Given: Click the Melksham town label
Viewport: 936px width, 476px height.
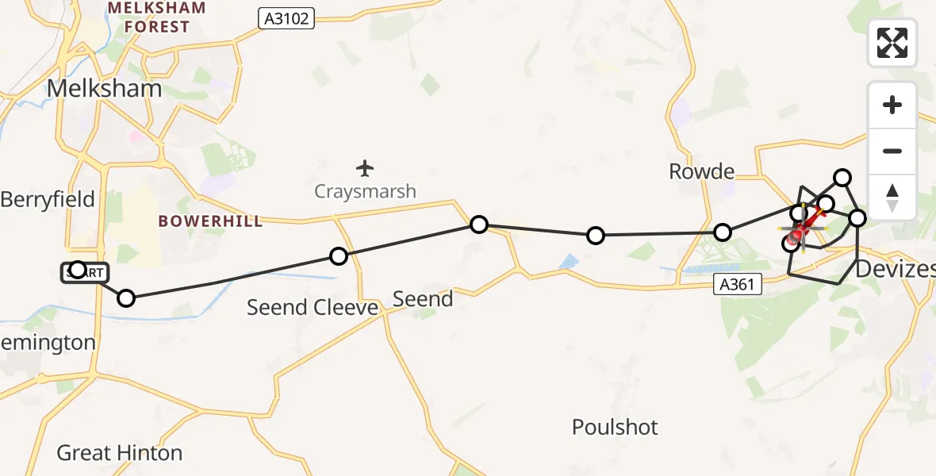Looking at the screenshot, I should (105, 88).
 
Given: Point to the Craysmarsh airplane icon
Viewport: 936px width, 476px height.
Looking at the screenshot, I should (365, 168).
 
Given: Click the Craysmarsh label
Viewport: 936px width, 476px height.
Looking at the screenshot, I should (365, 191).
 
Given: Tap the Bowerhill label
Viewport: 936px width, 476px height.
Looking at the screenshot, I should (210, 221).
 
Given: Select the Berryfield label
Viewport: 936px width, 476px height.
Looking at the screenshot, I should (48, 199).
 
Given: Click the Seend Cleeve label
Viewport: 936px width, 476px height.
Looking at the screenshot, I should (312, 307).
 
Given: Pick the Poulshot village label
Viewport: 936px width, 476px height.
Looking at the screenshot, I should (615, 428).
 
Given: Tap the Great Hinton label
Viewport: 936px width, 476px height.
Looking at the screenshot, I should (120, 453).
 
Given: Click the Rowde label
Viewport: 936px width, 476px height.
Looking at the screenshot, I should (701, 171).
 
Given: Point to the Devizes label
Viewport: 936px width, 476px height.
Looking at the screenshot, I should (900, 269).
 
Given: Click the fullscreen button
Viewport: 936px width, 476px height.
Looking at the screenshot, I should (892, 43).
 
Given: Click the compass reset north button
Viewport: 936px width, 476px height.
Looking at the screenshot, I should (892, 198).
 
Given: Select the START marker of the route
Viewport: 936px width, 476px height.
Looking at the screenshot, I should (82, 273).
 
